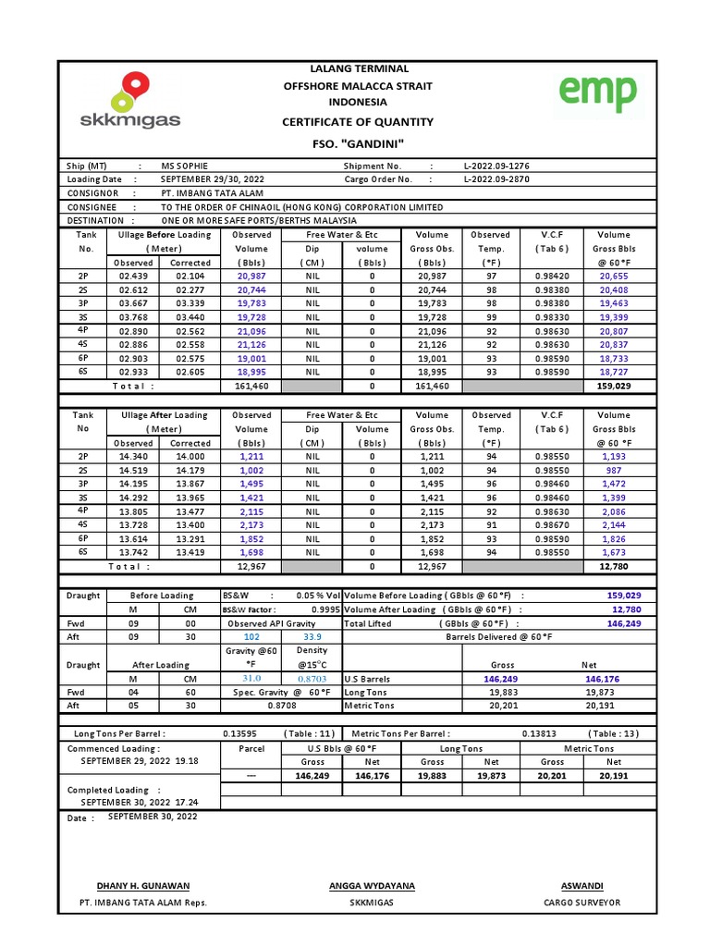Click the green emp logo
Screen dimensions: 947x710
tap(597, 93)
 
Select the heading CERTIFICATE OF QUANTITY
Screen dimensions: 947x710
tap(357, 122)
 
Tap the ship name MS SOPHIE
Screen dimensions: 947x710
tap(185, 166)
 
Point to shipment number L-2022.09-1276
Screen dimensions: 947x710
tap(496, 166)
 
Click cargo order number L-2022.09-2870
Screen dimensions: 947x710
tap(496, 179)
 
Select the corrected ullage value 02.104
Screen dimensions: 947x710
tap(190, 277)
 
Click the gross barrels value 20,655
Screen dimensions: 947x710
tap(614, 277)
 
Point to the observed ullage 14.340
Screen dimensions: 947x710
tap(133, 457)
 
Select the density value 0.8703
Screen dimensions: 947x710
tap(312, 679)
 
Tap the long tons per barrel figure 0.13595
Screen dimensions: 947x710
tap(240, 733)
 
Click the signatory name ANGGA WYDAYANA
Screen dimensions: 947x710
tap(372, 886)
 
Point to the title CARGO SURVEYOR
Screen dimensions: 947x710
tap(582, 903)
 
